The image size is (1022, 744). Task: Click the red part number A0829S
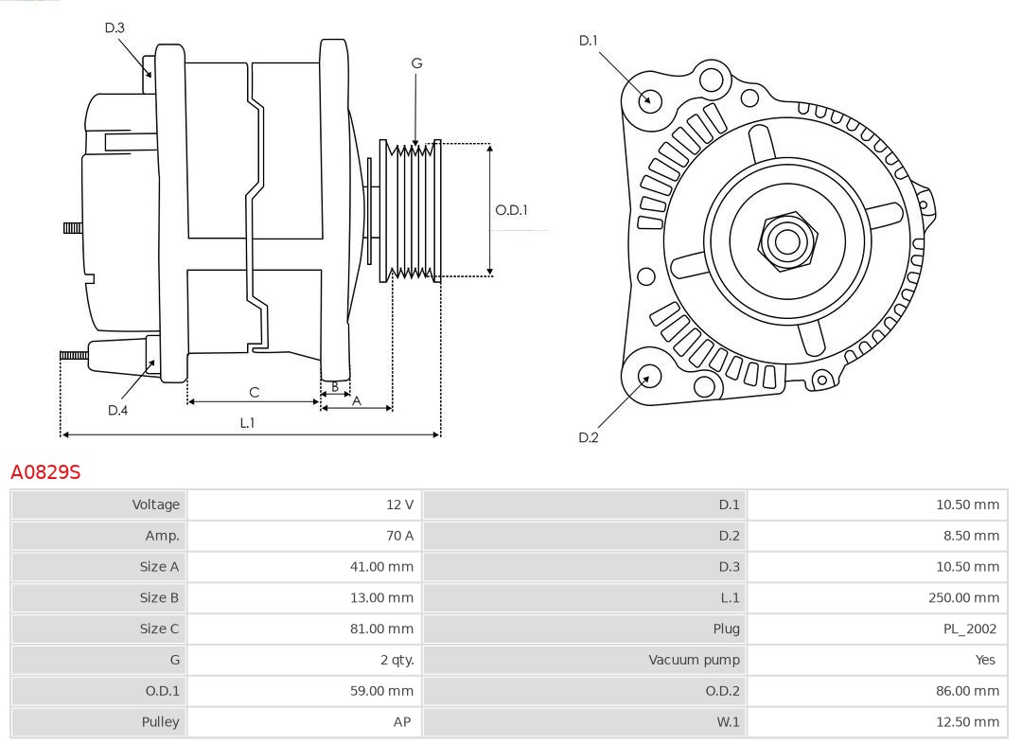[45, 471]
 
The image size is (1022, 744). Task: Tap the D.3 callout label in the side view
[115, 28]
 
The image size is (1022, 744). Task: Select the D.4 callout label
[117, 410]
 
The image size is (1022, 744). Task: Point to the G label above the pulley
[416, 63]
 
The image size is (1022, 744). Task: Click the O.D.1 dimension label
[511, 210]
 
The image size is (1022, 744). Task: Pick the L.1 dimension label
[247, 423]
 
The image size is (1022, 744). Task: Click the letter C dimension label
[254, 392]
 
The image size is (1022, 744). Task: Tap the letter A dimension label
[357, 400]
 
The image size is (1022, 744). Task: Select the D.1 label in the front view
[589, 40]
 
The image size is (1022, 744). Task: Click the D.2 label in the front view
[589, 437]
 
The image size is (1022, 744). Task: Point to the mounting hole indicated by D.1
[650, 99]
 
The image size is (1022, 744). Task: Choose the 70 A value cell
[400, 536]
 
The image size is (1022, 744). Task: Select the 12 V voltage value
[399, 505]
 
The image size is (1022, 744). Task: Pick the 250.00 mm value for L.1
[963, 597]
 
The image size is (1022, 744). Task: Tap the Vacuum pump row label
[694, 660]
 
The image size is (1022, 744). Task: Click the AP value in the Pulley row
[402, 722]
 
